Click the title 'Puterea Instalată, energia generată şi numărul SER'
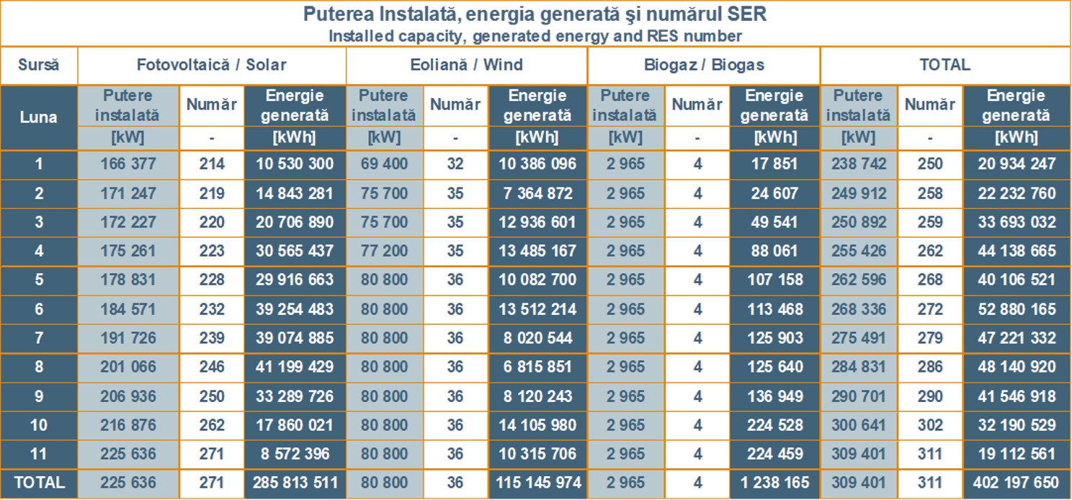coord(535,14)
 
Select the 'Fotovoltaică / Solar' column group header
coord(211,65)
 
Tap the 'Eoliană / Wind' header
coord(466,65)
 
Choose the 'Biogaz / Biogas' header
coord(703,65)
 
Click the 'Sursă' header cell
coord(38,65)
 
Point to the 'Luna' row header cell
coord(38,117)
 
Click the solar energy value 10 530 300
coord(295,164)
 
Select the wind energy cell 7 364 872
coord(537,193)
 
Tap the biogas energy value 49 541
coord(774,222)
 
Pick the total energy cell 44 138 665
coord(1017,251)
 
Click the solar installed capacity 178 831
coord(128,280)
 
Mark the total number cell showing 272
coord(929,309)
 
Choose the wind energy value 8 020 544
coord(537,338)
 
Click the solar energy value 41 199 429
coord(295,367)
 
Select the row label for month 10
coord(38,425)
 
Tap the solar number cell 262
coord(212,425)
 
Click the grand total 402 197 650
coord(1017,483)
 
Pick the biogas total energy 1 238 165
coord(774,483)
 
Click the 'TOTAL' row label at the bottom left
coord(38,483)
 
